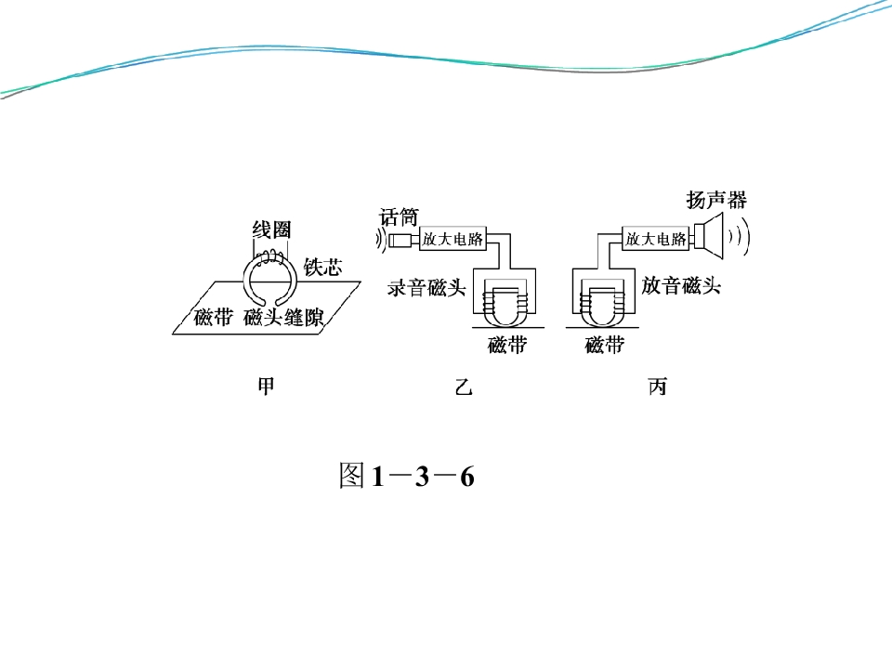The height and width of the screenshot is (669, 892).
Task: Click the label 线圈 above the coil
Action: pos(271,230)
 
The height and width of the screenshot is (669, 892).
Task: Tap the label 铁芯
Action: pos(322,267)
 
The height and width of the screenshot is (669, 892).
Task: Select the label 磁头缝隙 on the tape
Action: pos(283,317)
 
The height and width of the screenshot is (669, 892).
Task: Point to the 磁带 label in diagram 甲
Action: pos(214,317)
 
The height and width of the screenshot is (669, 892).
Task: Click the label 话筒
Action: pos(400,216)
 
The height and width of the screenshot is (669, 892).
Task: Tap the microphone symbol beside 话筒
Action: pos(399,240)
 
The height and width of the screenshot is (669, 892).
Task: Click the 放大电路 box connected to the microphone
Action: pos(453,239)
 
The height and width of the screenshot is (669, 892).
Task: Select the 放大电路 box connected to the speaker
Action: pos(655,239)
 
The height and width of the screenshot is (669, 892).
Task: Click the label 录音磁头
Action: pos(426,288)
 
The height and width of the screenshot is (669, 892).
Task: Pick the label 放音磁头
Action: pos(681,285)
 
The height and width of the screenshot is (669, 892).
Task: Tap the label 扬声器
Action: pos(716,200)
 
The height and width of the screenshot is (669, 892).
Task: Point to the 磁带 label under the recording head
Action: pos(507,345)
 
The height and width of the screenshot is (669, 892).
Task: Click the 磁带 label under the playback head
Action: pos(605,345)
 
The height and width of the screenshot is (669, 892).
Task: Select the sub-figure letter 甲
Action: pos(267,387)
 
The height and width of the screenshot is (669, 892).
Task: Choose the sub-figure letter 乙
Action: pos(464,387)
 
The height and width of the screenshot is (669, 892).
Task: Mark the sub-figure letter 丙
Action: pos(657,387)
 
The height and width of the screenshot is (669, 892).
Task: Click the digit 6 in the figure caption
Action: pos(467,476)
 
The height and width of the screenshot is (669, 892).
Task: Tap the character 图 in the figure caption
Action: pos(351,476)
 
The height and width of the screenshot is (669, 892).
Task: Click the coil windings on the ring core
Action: pos(270,258)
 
